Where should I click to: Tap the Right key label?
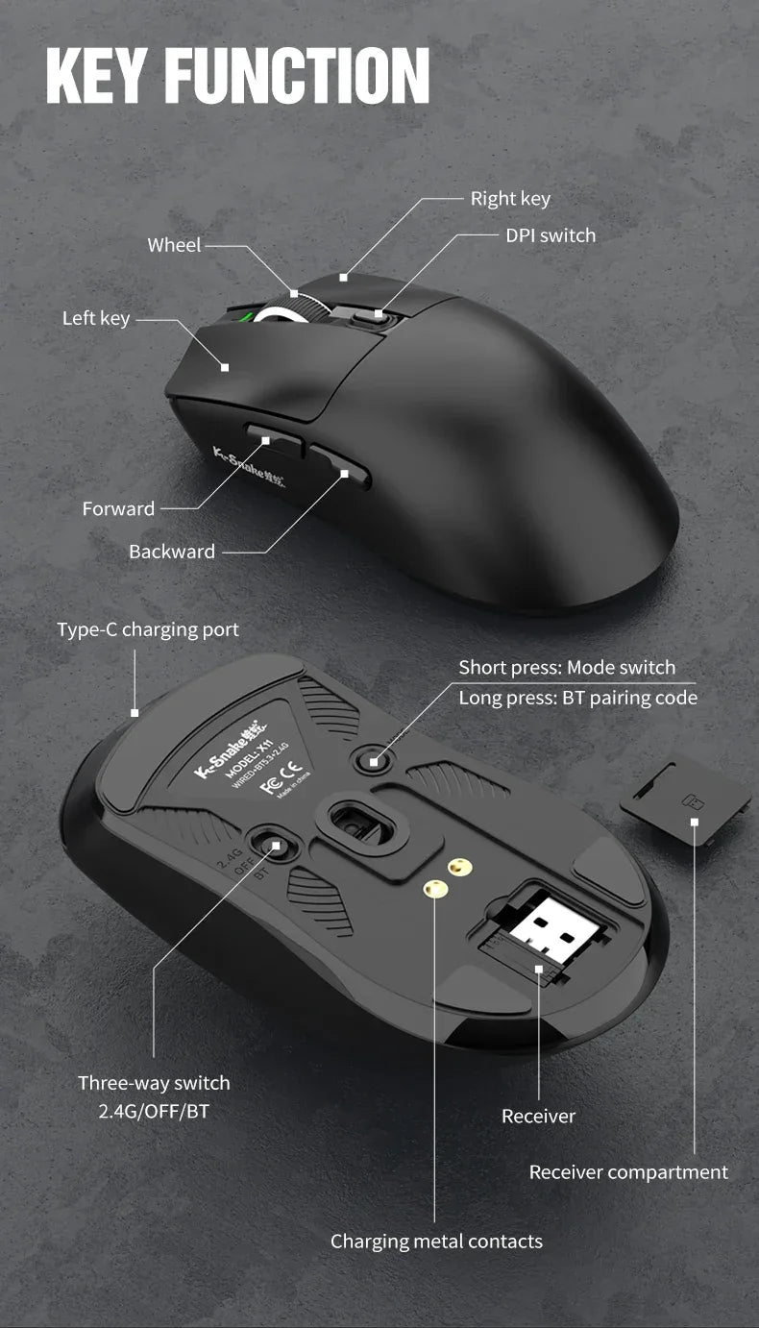coord(510,199)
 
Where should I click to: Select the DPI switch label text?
coord(551,235)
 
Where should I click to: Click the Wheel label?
coord(174,245)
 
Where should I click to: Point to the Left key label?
coord(96,318)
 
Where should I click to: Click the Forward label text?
coord(118,508)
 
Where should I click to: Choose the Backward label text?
coord(172,552)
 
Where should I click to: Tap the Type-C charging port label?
coord(148,629)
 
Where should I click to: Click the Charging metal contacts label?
coord(436,1242)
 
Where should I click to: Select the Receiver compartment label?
coord(628,1172)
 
